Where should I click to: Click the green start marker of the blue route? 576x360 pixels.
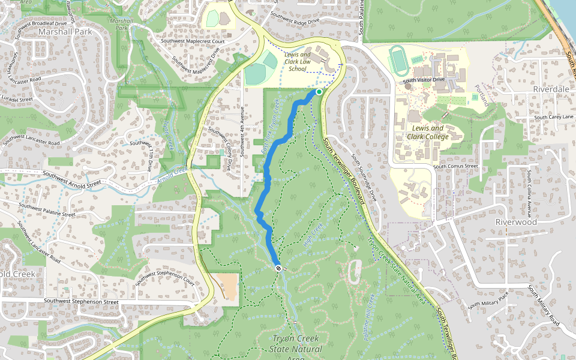click(319, 92)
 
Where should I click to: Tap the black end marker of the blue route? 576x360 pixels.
click(278, 268)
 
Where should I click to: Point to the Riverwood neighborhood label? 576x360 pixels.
click(515, 221)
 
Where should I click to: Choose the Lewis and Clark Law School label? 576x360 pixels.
click(298, 61)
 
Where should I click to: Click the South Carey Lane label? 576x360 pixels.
click(554, 117)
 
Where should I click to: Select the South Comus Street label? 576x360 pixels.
click(455, 166)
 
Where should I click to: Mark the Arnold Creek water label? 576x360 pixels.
click(173, 176)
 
